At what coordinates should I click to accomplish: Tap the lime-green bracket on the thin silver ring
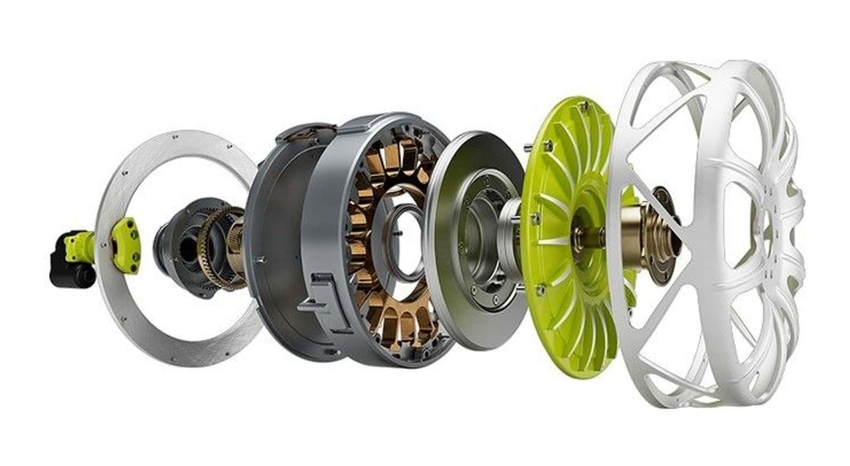[126, 245]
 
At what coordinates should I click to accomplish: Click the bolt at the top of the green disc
[584, 105]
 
